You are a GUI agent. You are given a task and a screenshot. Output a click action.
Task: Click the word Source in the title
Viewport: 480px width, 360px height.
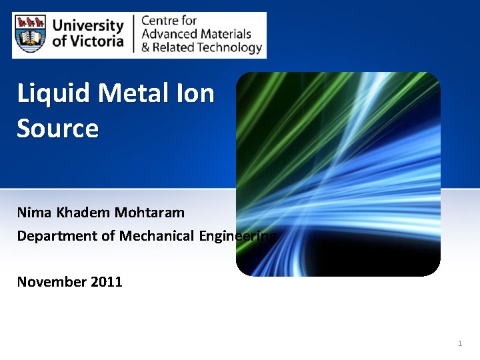[57, 127]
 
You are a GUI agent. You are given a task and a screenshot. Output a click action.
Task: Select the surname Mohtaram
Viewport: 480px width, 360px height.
[150, 213]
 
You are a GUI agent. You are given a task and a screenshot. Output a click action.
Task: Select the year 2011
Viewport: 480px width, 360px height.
[106, 281]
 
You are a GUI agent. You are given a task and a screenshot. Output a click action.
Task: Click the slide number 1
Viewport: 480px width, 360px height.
[460, 343]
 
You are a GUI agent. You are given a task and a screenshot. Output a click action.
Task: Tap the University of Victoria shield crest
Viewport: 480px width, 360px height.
[31, 35]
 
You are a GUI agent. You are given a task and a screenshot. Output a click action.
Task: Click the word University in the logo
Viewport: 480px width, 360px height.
[88, 26]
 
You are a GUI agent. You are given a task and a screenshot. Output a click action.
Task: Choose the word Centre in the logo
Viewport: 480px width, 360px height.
[160, 21]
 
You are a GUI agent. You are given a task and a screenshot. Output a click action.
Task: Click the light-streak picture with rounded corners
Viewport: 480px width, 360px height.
[338, 174]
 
